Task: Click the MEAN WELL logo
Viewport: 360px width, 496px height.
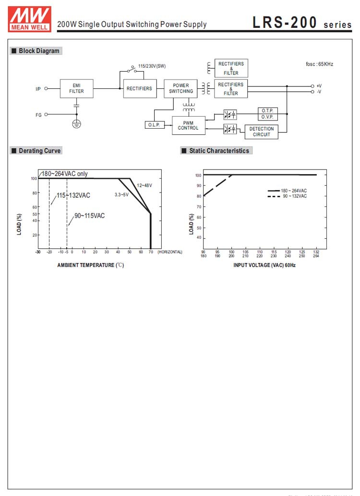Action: [x=29, y=19]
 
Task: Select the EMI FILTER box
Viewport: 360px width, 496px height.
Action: [x=76, y=88]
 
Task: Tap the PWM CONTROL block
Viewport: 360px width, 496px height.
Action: [x=188, y=125]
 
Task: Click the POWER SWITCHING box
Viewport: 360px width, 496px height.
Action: [x=181, y=88]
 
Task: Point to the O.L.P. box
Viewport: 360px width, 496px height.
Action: [x=154, y=125]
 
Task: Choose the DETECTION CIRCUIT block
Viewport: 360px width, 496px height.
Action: [x=261, y=132]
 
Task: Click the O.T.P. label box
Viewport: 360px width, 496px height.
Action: [x=267, y=111]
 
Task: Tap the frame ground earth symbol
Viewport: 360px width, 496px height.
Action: [x=76, y=124]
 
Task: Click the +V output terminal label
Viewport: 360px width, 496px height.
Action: [x=319, y=86]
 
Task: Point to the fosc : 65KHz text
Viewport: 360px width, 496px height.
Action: [x=319, y=64]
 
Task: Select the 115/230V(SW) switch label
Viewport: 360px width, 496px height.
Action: [x=152, y=66]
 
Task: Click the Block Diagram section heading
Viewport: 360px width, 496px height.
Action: [x=36, y=51]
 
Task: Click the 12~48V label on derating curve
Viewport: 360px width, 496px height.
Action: [x=144, y=185]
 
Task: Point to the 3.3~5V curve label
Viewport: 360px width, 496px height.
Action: [x=121, y=194]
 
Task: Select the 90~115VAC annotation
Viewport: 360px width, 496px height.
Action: [x=89, y=216]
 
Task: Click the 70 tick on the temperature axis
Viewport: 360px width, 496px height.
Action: [x=151, y=252]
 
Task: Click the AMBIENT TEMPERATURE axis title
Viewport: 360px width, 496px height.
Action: [x=90, y=265]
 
